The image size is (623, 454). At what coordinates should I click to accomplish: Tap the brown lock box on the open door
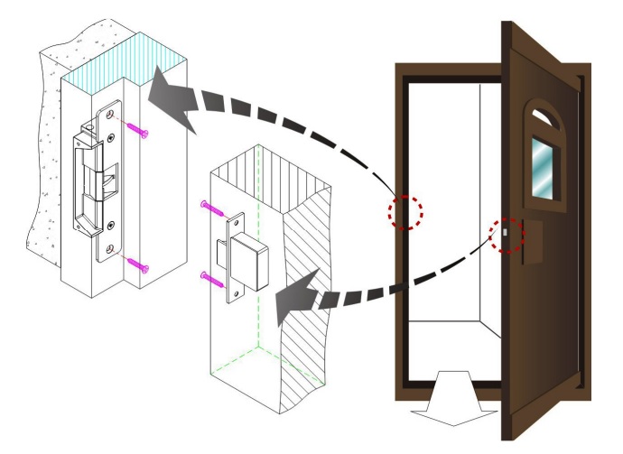530,241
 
